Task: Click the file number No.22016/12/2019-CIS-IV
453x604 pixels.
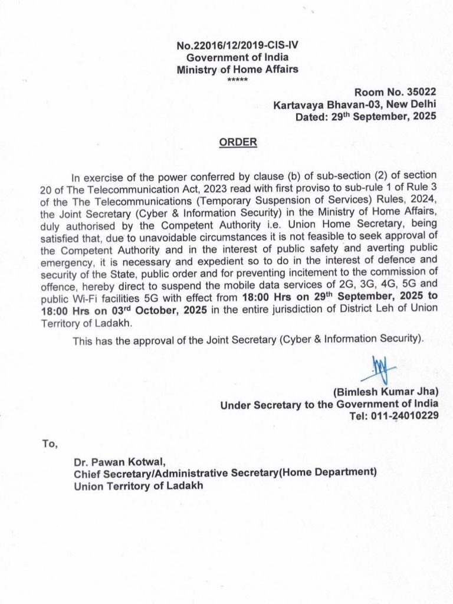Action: pos(238,46)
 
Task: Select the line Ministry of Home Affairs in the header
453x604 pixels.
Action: pos(238,69)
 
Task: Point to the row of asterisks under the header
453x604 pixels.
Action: pos(238,78)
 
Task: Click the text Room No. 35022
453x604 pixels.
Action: pos(395,93)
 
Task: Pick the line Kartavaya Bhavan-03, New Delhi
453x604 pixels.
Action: pos(354,105)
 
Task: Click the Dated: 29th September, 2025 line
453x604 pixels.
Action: pos(366,116)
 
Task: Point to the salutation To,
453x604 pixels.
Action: pos(50,444)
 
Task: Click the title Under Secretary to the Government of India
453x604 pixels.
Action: pos(329,404)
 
